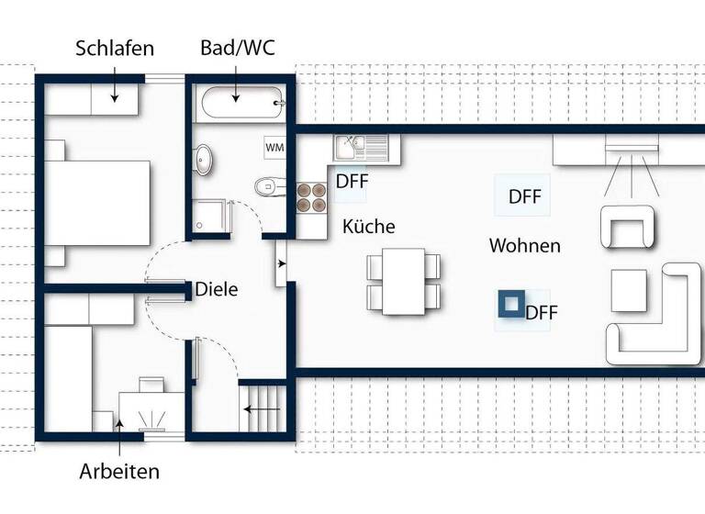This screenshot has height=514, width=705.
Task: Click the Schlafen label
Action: (x=115, y=48)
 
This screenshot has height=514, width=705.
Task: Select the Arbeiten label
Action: (x=119, y=472)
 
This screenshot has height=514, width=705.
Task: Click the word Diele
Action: (x=217, y=289)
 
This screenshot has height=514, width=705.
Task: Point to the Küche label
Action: (x=369, y=226)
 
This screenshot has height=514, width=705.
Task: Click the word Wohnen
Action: (x=524, y=245)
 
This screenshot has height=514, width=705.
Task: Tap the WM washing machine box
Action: (x=274, y=147)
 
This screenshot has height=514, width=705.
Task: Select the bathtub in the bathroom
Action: (x=241, y=103)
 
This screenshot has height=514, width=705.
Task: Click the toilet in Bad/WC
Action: (x=268, y=186)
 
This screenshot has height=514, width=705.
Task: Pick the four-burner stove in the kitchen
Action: (x=312, y=197)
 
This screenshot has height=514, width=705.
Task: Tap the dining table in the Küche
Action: (x=404, y=282)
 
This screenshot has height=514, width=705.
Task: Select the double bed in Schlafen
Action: (x=96, y=203)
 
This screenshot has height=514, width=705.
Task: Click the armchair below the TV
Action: (x=628, y=226)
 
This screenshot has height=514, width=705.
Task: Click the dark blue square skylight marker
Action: (x=509, y=304)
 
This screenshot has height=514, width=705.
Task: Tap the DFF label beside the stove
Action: (x=352, y=181)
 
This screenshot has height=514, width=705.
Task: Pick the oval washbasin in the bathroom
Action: (x=205, y=161)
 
